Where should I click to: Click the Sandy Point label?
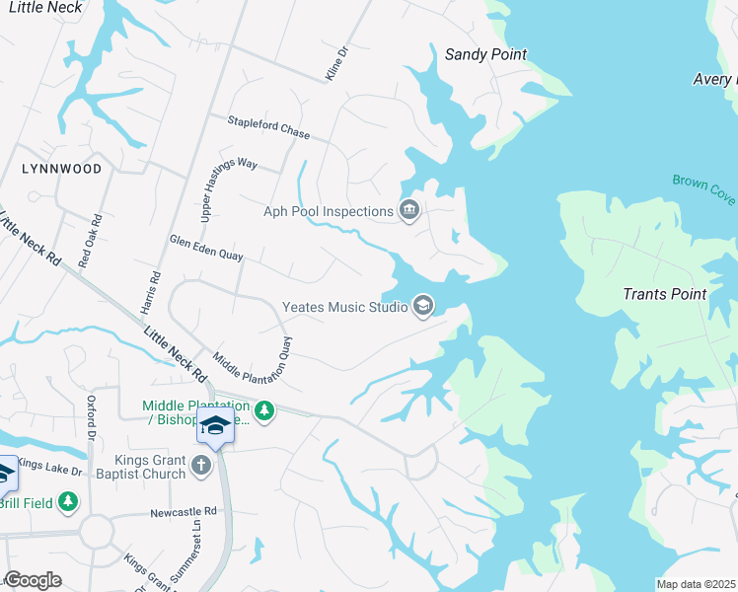click(x=485, y=55)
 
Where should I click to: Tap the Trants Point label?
click(x=664, y=294)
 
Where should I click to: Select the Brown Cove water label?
click(x=703, y=189)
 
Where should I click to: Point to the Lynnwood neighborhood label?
click(x=61, y=170)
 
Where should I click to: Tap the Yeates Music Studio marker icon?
click(x=423, y=306)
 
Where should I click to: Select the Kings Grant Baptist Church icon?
click(x=201, y=465)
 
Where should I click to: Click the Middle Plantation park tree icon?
click(x=263, y=410)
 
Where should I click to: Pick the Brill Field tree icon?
click(x=68, y=501)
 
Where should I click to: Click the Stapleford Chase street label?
click(x=268, y=127)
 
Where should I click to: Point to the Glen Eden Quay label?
click(x=206, y=248)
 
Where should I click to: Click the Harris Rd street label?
click(x=150, y=293)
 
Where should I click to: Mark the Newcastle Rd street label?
click(x=183, y=512)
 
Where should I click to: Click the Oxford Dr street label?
click(x=92, y=417)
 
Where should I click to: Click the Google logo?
click(x=33, y=581)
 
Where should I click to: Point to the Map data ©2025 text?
click(x=696, y=584)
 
